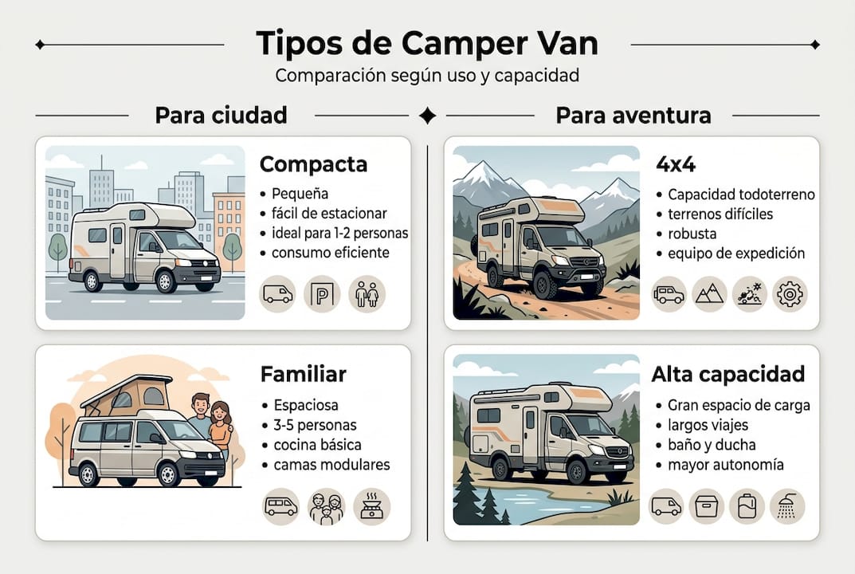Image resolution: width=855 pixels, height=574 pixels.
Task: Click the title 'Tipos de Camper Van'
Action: click(427, 44)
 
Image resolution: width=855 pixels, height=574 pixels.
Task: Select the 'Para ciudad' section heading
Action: click(221, 116)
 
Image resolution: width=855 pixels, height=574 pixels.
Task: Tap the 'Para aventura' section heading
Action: click(633, 116)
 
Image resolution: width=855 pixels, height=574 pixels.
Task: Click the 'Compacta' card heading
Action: click(313, 164)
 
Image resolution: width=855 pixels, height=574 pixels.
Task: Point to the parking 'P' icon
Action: click(322, 294)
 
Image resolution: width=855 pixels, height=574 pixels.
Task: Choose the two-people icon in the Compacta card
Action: click(367, 294)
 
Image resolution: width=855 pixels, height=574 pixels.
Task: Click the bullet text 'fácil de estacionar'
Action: click(329, 214)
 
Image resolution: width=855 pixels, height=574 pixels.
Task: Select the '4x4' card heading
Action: click(675, 164)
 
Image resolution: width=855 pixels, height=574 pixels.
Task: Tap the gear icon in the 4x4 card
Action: click(790, 294)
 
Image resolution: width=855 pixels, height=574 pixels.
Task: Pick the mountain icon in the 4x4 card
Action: click(708, 294)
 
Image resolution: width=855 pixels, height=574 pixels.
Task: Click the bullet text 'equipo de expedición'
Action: click(736, 254)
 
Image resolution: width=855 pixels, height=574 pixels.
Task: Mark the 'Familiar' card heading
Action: click(303, 374)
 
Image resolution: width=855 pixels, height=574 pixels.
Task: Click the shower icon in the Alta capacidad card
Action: click(787, 506)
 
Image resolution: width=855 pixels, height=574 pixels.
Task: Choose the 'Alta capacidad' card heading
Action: click(728, 374)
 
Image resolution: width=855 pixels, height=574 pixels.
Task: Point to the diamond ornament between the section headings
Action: click(427, 116)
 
